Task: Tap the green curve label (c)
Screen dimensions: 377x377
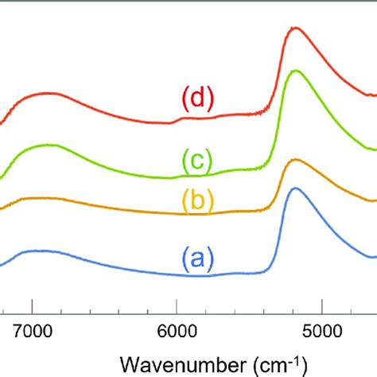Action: [195, 161]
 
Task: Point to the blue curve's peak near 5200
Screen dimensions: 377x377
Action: [296, 188]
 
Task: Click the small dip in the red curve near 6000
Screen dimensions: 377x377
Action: [171, 122]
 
